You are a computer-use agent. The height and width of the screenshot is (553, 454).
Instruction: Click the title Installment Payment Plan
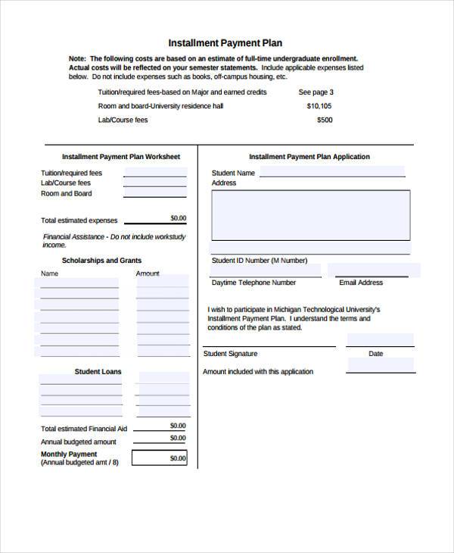point(225,43)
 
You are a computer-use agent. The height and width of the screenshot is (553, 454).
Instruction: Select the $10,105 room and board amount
point(319,106)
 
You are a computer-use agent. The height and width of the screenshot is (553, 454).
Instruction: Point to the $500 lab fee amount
point(324,120)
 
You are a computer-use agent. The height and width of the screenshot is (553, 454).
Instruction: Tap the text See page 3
point(316,92)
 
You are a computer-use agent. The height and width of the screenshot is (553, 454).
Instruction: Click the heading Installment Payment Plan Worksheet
point(121,157)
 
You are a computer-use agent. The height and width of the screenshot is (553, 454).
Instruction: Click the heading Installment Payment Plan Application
point(309,157)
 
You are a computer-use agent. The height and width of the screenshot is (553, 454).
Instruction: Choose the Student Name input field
point(332,173)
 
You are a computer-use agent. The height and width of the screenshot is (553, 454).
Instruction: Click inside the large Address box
point(311,214)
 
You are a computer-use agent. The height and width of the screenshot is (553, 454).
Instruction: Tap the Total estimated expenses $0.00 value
point(178,218)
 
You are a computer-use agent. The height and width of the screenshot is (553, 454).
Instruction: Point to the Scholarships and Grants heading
point(101,260)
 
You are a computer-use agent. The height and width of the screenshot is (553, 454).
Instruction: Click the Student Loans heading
point(98,372)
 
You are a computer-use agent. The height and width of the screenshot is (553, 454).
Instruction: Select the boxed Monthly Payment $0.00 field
point(160,458)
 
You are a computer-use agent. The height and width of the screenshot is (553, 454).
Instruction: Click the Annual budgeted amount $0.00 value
point(178,438)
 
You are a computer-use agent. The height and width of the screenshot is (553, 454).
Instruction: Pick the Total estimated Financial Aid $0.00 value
point(178,426)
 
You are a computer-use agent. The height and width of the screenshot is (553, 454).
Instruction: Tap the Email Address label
point(361,283)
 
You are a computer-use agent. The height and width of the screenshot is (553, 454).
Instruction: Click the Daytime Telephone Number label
point(253,283)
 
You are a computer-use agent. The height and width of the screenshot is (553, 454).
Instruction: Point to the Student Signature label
point(231,354)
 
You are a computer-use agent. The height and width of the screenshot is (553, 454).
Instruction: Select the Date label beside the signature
point(375,354)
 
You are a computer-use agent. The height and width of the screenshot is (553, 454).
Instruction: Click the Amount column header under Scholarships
point(148,273)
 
